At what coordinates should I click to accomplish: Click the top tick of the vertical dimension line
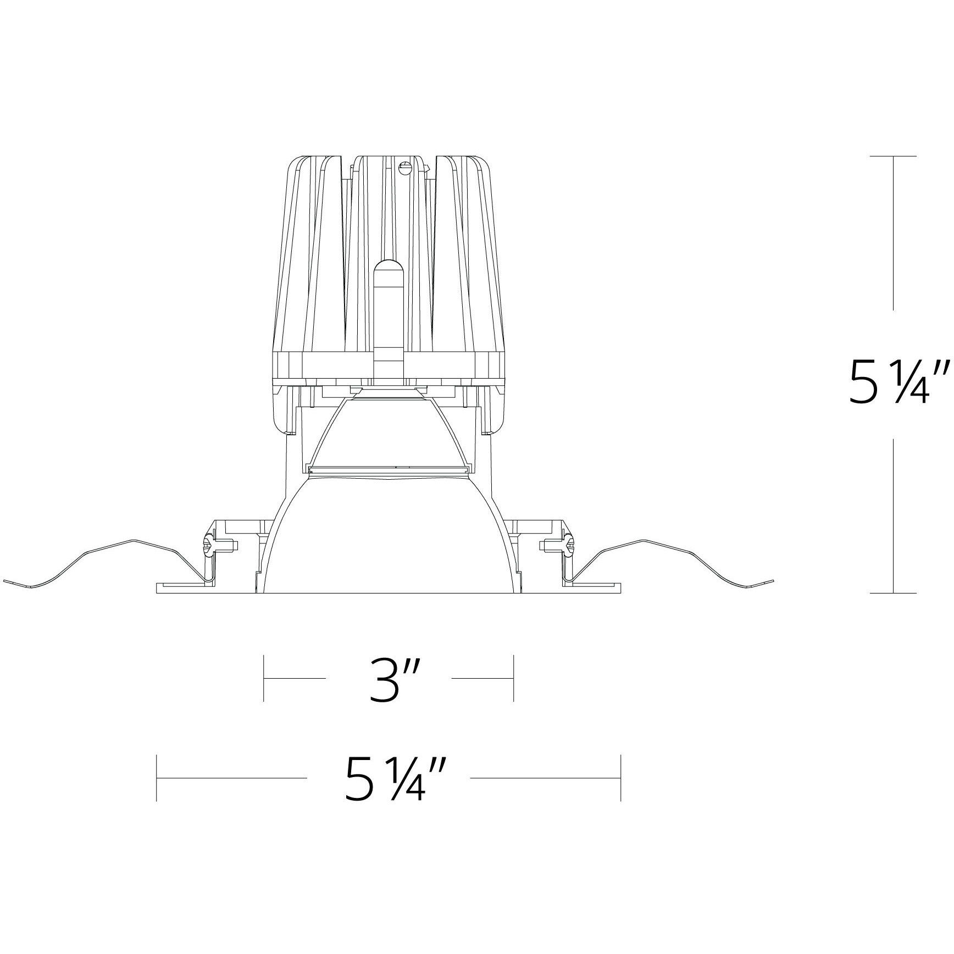click(894, 157)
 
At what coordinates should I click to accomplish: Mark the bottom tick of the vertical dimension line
click(894, 593)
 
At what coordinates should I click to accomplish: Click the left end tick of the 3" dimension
click(264, 678)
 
